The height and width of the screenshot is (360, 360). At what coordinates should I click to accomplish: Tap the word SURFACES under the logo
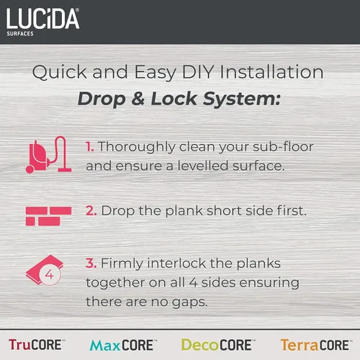tap(19, 33)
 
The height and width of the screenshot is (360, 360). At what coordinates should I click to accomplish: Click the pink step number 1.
tap(90, 147)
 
